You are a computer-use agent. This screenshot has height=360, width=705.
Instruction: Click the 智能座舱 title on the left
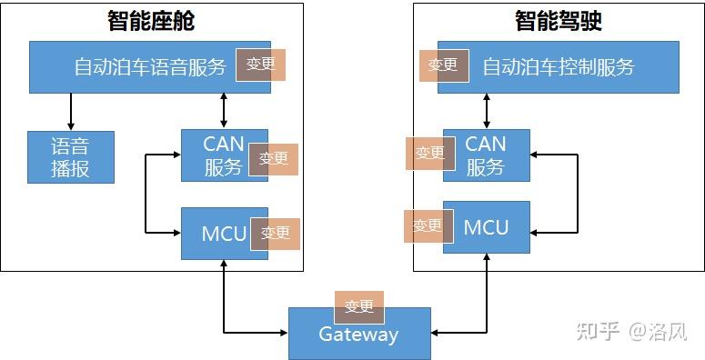tap(151, 21)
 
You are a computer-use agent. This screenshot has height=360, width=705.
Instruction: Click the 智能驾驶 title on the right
tap(559, 21)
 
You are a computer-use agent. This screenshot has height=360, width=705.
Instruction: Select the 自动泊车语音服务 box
tap(136, 67)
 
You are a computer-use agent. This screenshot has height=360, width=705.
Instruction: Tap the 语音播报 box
tap(71, 157)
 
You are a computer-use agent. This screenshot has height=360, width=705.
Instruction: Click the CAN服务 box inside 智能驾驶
tap(486, 155)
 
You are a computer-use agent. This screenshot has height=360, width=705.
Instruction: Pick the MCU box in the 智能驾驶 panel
tap(486, 227)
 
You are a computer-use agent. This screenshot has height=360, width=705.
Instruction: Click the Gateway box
tap(358, 335)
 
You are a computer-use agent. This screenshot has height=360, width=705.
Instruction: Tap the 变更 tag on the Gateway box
tap(358, 307)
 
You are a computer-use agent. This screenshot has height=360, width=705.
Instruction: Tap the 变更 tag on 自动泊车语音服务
tap(261, 65)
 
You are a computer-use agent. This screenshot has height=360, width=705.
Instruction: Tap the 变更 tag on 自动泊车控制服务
tap(444, 65)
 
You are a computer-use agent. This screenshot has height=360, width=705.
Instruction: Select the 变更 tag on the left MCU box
tap(275, 234)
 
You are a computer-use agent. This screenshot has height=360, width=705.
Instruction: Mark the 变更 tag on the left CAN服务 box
tap(273, 159)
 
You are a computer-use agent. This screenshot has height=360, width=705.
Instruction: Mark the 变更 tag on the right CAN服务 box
tap(430, 154)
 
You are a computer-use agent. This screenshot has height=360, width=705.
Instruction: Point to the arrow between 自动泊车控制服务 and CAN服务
tap(487, 111)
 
